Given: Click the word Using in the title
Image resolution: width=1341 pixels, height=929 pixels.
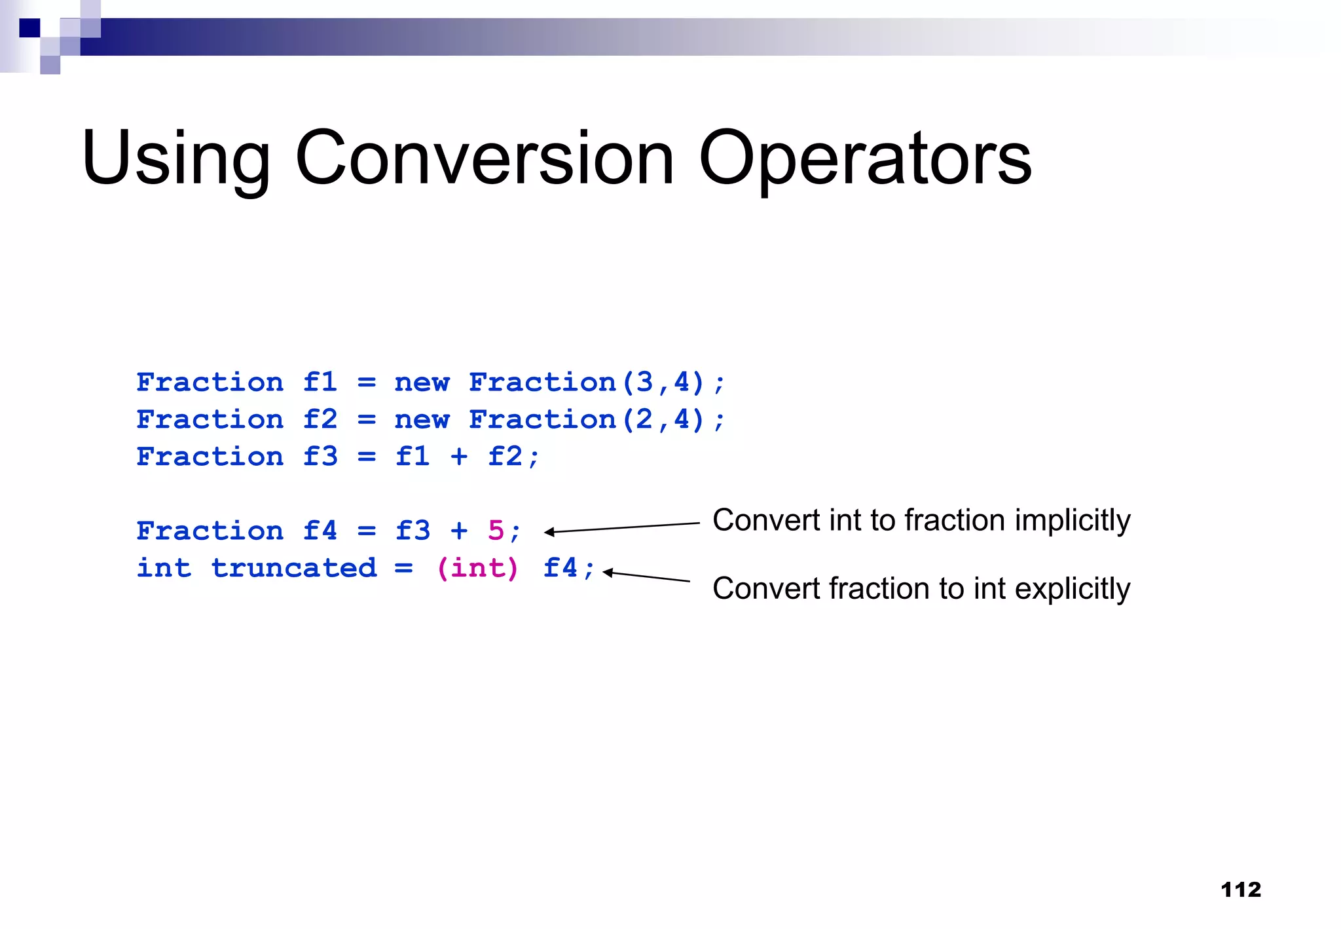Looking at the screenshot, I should point(175,159).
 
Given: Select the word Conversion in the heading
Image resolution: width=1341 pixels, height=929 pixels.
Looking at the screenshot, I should point(485,159).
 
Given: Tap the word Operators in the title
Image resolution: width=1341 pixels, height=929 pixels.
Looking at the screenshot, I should point(865,159).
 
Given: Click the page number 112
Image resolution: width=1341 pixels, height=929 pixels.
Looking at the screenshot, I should point(1241,890).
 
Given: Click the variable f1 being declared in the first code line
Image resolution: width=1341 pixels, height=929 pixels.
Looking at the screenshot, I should point(320,382).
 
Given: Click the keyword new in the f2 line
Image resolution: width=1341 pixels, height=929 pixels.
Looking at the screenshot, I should point(422,419).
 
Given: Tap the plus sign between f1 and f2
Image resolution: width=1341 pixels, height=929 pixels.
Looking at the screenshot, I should point(459,457).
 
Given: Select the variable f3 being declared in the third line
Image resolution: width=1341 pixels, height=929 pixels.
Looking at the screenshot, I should point(320,457).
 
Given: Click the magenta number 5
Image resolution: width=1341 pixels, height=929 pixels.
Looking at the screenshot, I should point(496,531).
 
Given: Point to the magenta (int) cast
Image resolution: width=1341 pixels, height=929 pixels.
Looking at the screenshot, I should point(477,568).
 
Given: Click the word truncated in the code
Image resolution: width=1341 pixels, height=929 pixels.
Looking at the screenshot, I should point(294,568).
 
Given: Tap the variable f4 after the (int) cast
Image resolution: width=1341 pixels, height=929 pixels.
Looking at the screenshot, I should point(560,568).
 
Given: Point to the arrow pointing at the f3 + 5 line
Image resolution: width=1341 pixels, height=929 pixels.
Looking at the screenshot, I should point(622,527).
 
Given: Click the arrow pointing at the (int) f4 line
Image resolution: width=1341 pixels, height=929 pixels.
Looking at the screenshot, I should point(646,577).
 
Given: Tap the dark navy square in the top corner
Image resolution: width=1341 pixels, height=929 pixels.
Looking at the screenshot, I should point(29,28).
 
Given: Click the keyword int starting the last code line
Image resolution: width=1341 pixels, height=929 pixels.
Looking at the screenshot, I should point(164,568).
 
